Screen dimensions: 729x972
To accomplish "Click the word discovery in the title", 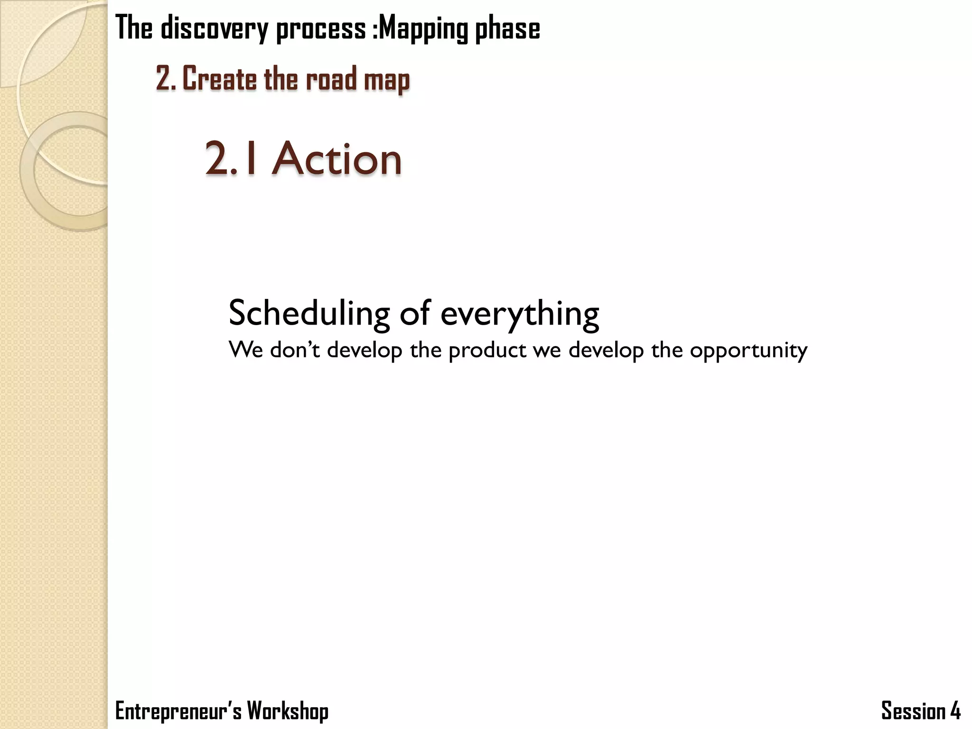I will (215, 28).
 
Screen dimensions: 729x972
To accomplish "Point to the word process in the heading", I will (321, 28).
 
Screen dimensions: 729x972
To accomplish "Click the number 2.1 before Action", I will (233, 159).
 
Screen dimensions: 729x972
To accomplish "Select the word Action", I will (337, 159).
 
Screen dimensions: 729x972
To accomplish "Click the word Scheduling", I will (309, 313).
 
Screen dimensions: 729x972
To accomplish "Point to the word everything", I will (520, 314).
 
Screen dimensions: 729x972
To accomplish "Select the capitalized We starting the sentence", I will (245, 350).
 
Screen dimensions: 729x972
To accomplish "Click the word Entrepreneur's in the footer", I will (178, 711).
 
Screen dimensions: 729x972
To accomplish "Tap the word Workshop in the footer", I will (288, 711).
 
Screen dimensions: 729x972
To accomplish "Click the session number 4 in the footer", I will (955, 711).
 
